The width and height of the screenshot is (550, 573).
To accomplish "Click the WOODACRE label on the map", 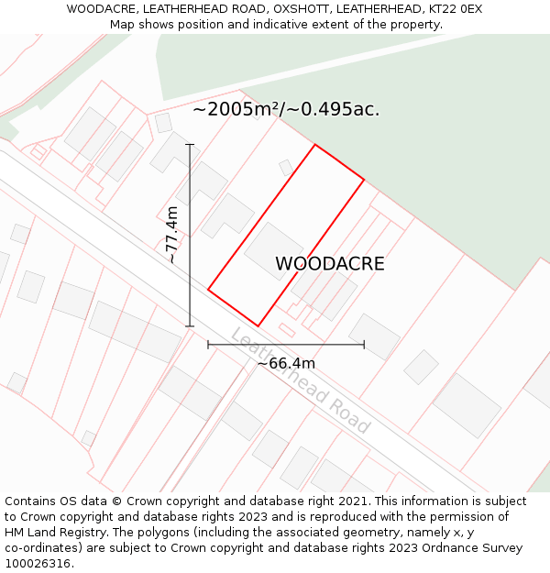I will [x=330, y=264].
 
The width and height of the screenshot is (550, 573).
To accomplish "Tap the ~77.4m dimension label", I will [x=171, y=235].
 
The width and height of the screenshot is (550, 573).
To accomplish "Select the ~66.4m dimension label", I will [x=286, y=363].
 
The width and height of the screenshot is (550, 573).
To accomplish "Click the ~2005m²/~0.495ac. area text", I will [x=286, y=110].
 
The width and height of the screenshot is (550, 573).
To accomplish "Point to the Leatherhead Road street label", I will [x=300, y=380].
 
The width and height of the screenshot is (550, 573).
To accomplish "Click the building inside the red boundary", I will [x=273, y=250].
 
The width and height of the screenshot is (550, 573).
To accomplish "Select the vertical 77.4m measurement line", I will [x=190, y=275].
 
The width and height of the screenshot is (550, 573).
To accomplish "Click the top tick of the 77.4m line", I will [x=190, y=145].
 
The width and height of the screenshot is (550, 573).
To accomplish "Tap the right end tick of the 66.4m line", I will [x=364, y=345].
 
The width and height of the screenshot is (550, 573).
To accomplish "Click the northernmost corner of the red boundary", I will [x=315, y=145].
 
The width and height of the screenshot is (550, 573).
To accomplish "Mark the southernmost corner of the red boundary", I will [x=258, y=325].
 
